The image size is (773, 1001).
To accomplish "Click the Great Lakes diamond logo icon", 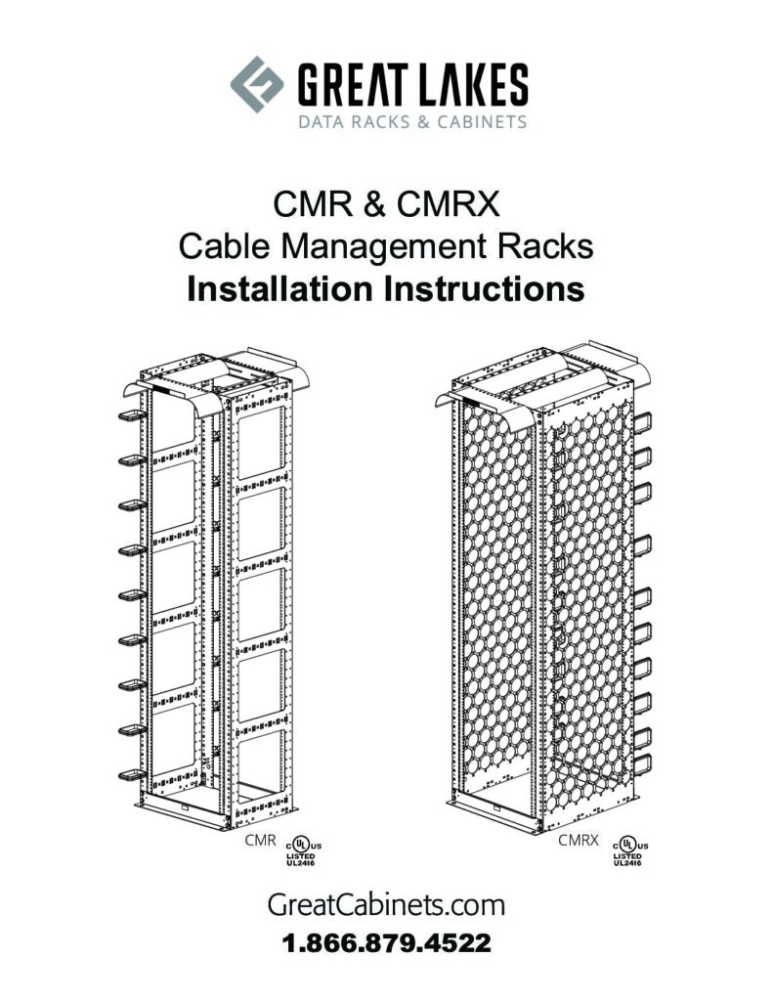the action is (x=257, y=84).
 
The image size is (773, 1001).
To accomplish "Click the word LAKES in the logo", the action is (x=473, y=84).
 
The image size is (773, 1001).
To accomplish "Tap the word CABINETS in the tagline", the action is (x=482, y=121).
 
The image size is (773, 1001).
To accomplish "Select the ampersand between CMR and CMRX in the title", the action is (x=374, y=204).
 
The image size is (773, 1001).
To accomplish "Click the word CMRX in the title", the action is (x=448, y=204).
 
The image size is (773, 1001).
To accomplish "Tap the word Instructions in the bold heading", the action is (x=483, y=288).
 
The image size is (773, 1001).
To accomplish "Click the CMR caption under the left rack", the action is (x=260, y=840).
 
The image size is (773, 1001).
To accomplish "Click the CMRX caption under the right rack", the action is (x=579, y=840).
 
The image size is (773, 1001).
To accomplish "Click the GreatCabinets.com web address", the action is (x=386, y=905).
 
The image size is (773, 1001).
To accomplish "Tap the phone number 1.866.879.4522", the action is (x=386, y=943).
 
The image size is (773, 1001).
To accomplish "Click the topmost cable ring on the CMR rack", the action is (x=132, y=415).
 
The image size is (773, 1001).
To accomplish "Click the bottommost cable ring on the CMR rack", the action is (x=132, y=775).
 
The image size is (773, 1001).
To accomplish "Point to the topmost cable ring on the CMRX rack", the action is (x=643, y=422).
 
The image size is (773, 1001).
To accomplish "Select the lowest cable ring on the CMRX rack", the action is (x=643, y=764).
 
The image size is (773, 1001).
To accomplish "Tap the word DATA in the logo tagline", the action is (x=320, y=121).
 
